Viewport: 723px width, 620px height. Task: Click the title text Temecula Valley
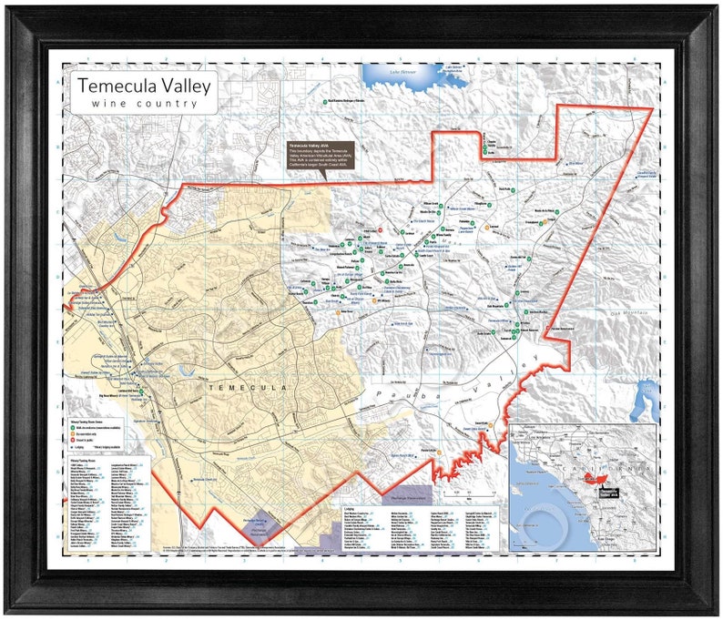click(144, 86)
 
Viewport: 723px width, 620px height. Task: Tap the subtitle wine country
click(144, 104)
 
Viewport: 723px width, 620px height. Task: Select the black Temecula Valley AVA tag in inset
click(614, 491)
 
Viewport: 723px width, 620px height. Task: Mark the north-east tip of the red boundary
click(652, 108)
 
